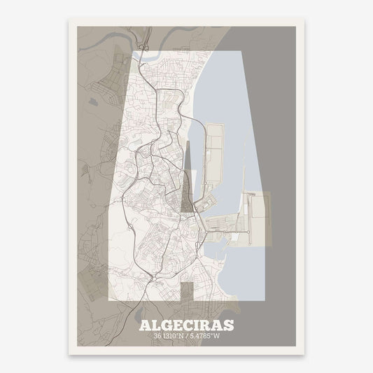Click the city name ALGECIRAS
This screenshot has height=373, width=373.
187,307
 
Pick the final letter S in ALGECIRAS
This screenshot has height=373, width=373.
229,307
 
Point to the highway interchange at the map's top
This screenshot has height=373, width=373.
144,49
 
